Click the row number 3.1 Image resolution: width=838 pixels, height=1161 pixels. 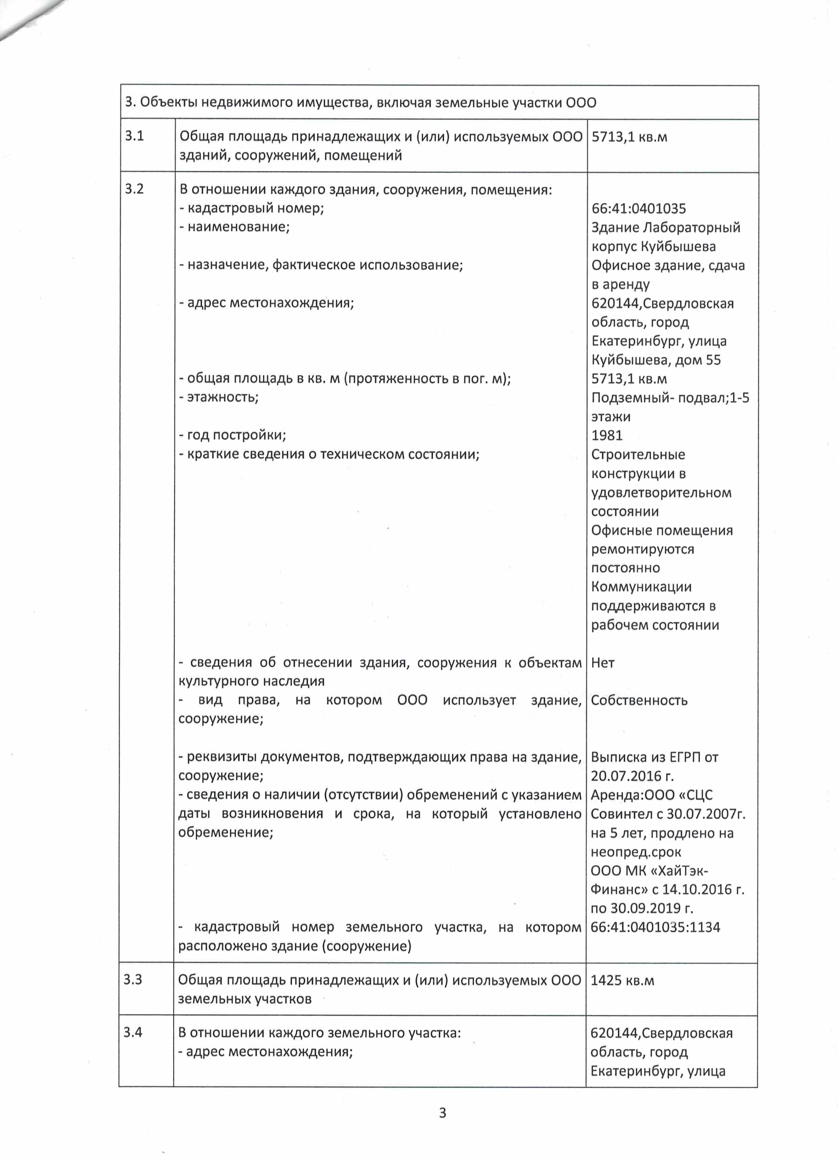pos(134,136)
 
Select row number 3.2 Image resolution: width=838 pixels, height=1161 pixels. pos(134,189)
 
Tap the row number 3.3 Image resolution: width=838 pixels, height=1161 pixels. pos(132,979)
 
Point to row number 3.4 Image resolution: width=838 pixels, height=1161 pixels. pos(132,1032)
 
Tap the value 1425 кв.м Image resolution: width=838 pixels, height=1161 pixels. pos(622,980)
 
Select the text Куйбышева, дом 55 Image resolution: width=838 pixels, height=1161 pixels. pos(656,360)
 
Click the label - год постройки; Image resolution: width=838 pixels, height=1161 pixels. pos(232,435)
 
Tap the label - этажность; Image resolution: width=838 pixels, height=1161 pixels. pos(219,397)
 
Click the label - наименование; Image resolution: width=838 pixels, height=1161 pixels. pos(235,227)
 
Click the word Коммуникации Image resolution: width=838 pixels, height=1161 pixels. pos(641,587)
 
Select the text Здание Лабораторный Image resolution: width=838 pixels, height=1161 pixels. pos(665,227)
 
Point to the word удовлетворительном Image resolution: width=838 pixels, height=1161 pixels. pos(661,492)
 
